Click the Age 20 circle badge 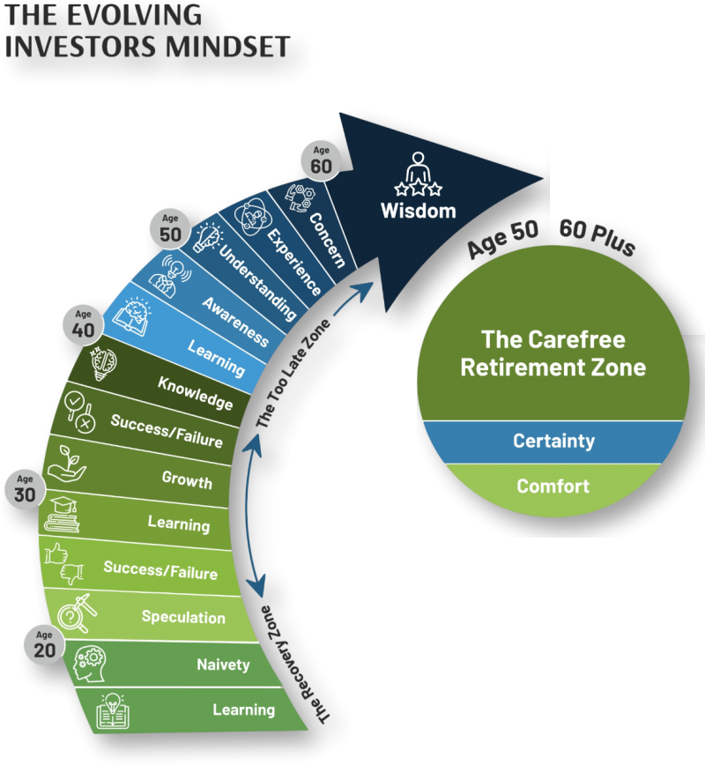coord(44,644)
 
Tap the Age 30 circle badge coord(25,489)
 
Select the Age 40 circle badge coord(83,323)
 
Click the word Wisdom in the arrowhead coord(418,212)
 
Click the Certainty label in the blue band coord(553,441)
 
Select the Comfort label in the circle coord(553,486)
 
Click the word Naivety coord(224,665)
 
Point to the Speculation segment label coord(183,617)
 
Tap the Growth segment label coord(187,480)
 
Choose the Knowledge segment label coord(195,393)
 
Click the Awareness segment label coord(234,322)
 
